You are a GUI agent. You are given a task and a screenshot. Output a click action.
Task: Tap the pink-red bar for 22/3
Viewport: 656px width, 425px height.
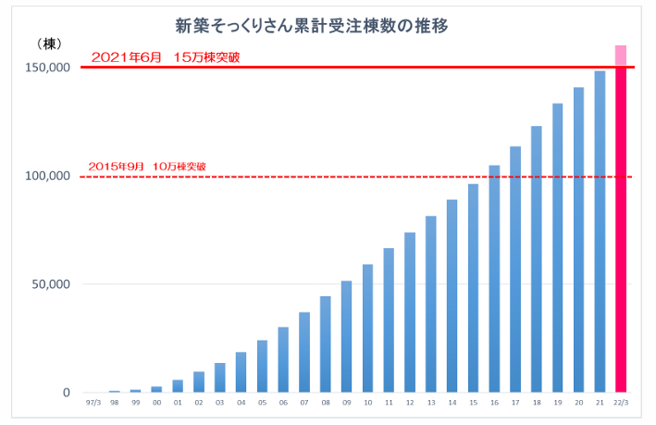click(x=621, y=231)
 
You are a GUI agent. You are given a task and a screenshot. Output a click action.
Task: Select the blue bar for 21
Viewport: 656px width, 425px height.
click(x=600, y=231)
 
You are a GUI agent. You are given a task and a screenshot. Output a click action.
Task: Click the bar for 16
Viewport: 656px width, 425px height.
click(x=494, y=278)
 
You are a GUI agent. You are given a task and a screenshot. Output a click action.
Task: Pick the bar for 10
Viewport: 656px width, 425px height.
click(x=367, y=328)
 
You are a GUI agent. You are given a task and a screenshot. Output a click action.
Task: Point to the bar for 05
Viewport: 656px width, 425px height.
click(x=262, y=366)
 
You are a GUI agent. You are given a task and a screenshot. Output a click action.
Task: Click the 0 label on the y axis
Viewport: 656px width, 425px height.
click(x=66, y=393)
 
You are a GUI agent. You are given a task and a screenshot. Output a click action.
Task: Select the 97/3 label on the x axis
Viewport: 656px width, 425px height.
click(x=93, y=404)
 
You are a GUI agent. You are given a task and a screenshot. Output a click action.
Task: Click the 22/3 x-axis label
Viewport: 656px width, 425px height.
click(x=621, y=404)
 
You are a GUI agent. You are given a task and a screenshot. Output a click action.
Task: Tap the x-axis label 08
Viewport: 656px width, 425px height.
click(x=325, y=404)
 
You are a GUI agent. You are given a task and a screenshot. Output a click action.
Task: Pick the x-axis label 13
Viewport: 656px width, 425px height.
click(x=431, y=404)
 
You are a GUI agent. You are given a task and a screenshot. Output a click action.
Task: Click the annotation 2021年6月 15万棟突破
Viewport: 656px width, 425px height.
click(x=166, y=57)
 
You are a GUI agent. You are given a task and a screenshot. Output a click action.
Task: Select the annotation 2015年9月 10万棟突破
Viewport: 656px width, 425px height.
click(x=146, y=167)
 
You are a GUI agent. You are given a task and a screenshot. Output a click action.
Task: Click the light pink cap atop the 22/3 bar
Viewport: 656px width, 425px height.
click(x=621, y=56)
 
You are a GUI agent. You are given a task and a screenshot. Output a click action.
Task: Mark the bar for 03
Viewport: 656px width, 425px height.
click(x=219, y=377)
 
